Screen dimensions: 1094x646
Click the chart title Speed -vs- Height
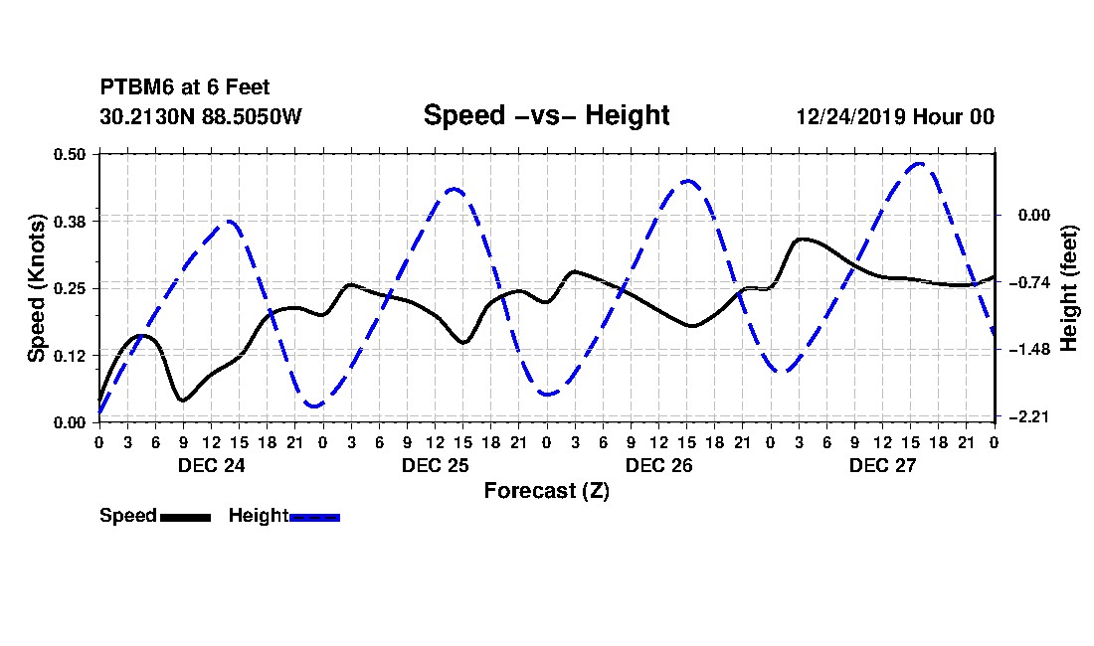pos(546,115)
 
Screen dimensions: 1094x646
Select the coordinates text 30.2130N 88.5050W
pos(201,116)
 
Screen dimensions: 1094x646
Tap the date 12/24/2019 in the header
pos(850,116)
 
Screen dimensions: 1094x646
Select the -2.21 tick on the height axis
pos(1029,416)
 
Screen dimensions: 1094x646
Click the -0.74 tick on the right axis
pos(1029,282)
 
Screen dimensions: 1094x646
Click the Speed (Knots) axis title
pos(36,288)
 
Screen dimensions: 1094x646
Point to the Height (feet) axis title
pos(1068,288)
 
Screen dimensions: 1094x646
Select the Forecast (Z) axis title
pos(547,491)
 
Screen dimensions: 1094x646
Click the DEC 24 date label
pos(212,465)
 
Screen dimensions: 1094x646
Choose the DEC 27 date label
pos(882,465)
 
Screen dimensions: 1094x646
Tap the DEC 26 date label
pos(658,465)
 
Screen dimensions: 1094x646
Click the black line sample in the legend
pos(186,517)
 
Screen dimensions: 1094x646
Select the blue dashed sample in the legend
pos(314,517)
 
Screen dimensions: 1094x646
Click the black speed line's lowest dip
pos(183,400)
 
